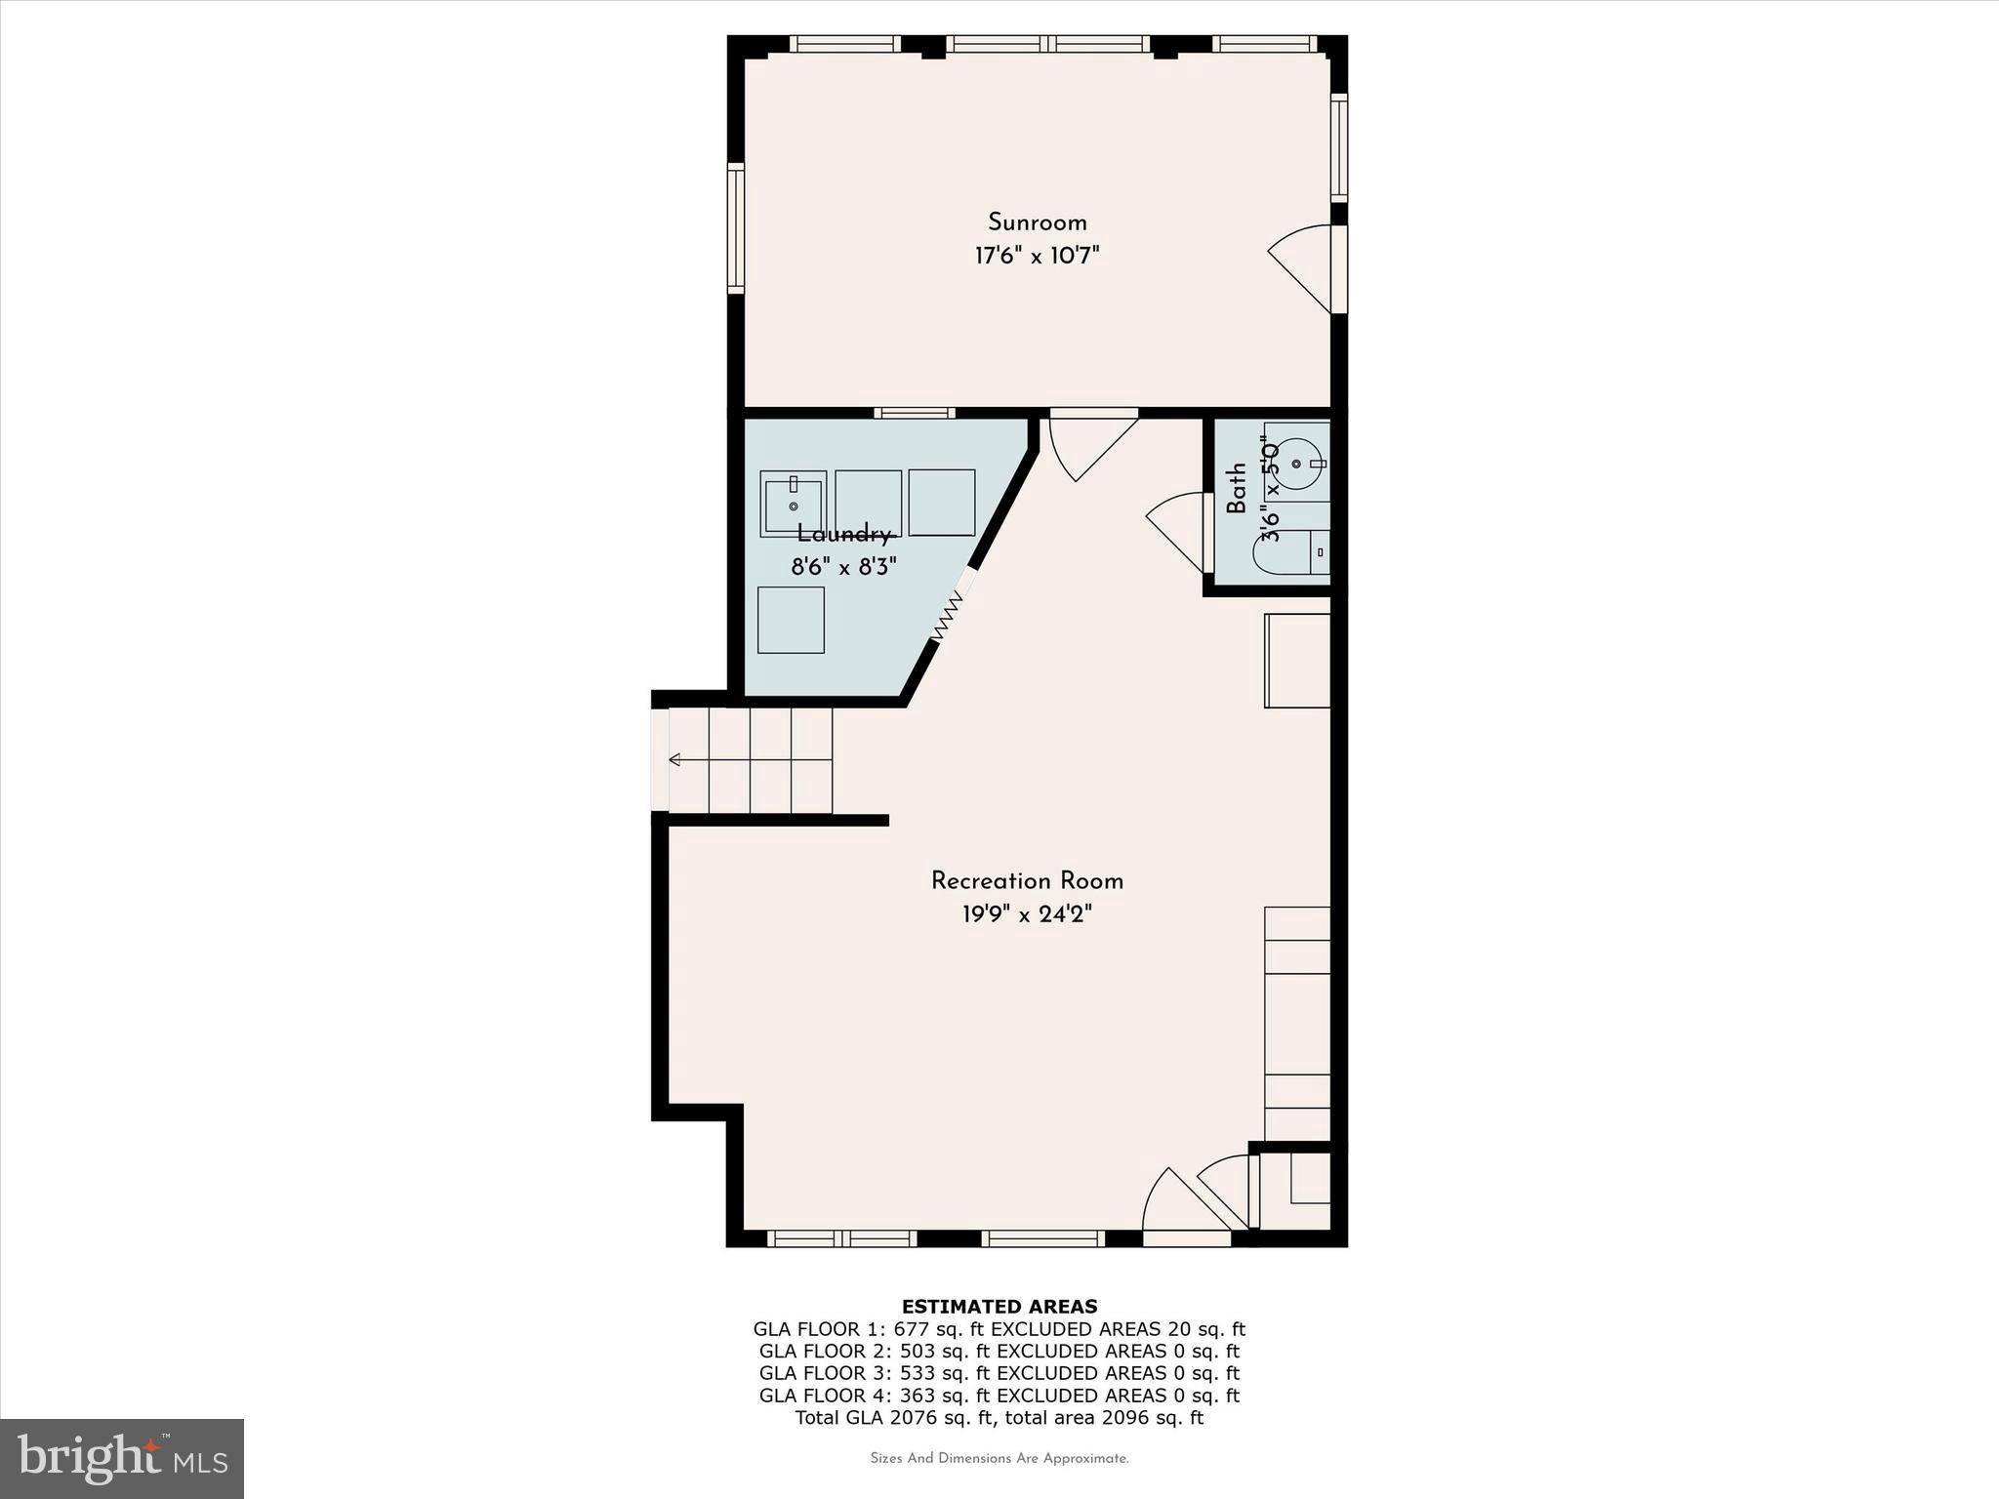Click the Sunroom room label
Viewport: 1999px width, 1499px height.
[x=1037, y=223]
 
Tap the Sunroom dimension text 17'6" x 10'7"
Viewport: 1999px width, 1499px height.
[x=1037, y=257]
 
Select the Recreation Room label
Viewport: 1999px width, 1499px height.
[x=1027, y=881]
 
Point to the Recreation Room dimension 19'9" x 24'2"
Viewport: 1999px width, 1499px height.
[x=1027, y=915]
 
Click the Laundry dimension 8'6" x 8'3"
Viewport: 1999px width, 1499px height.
[x=843, y=567]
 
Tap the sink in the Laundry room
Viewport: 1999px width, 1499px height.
[x=793, y=504]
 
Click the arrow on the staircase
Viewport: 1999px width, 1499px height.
[x=675, y=759]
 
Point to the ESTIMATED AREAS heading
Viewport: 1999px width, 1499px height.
[x=999, y=1307]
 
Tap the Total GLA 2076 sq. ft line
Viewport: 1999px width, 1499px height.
[x=999, y=1418]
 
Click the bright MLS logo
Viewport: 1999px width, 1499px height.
[x=122, y=1458]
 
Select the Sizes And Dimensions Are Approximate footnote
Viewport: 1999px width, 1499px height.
[x=999, y=1459]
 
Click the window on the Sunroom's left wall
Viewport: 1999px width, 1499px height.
[x=735, y=228]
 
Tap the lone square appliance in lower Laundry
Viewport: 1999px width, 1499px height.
[x=791, y=620]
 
